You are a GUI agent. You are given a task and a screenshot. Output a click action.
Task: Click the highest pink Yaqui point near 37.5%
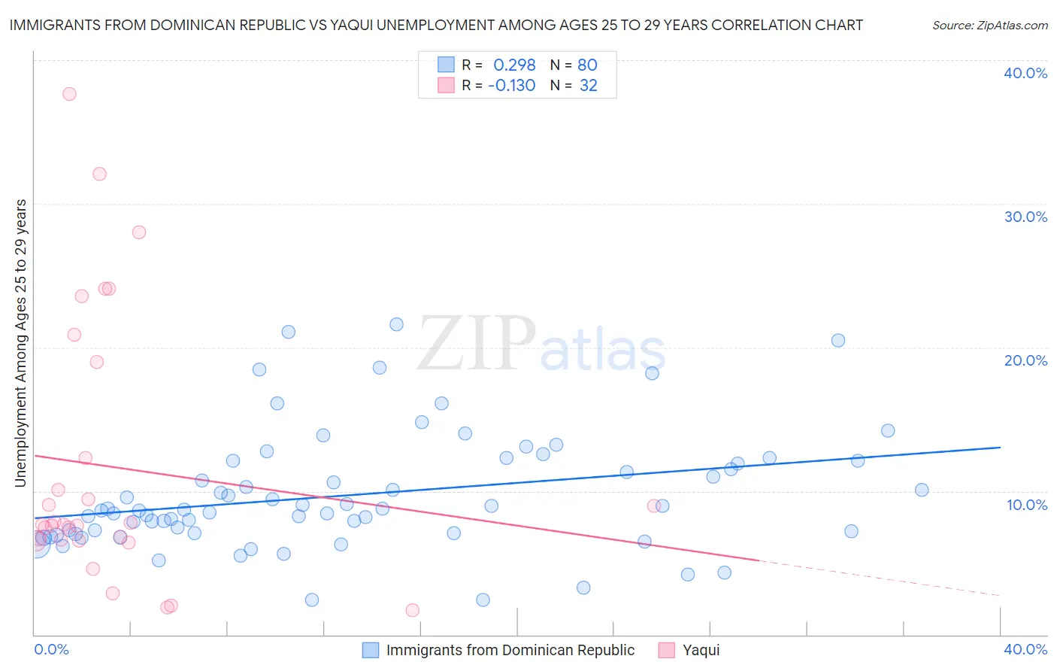[x=69, y=94]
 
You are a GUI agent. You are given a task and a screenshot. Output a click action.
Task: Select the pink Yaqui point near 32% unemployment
[x=99, y=174]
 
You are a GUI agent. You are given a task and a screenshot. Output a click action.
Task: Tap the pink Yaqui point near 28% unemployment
[x=138, y=232]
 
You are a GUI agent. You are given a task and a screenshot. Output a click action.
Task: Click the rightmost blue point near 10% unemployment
[x=922, y=490]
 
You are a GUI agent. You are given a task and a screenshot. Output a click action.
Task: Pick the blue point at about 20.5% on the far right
[x=838, y=340]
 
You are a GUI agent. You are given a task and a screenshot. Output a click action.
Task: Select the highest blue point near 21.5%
[x=396, y=324]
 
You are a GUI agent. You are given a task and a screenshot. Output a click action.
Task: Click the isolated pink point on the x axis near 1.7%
[x=412, y=610]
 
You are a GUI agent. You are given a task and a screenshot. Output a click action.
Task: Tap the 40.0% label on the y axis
[x=1025, y=73]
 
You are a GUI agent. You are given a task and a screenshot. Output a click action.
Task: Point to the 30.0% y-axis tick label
[x=1025, y=217]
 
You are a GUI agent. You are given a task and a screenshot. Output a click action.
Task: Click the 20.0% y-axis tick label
[x=1025, y=360]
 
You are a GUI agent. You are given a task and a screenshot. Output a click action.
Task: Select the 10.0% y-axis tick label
[x=1027, y=505]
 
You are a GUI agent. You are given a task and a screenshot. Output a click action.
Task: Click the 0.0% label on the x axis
[x=51, y=649]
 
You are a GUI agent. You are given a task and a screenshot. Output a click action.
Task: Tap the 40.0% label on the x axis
[x=1025, y=649]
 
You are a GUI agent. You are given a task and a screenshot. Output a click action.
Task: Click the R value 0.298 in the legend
[x=514, y=65]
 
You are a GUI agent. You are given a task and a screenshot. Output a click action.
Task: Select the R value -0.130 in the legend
[x=511, y=86]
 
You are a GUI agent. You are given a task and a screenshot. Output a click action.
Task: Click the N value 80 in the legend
[x=587, y=65]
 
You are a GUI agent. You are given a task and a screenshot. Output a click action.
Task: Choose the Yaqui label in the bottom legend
[x=701, y=650]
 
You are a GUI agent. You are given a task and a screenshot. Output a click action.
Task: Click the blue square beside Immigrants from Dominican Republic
[x=371, y=650]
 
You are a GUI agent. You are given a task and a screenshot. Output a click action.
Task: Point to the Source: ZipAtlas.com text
[x=989, y=25]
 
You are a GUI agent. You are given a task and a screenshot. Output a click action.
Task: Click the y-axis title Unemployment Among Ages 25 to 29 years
[x=21, y=342]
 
